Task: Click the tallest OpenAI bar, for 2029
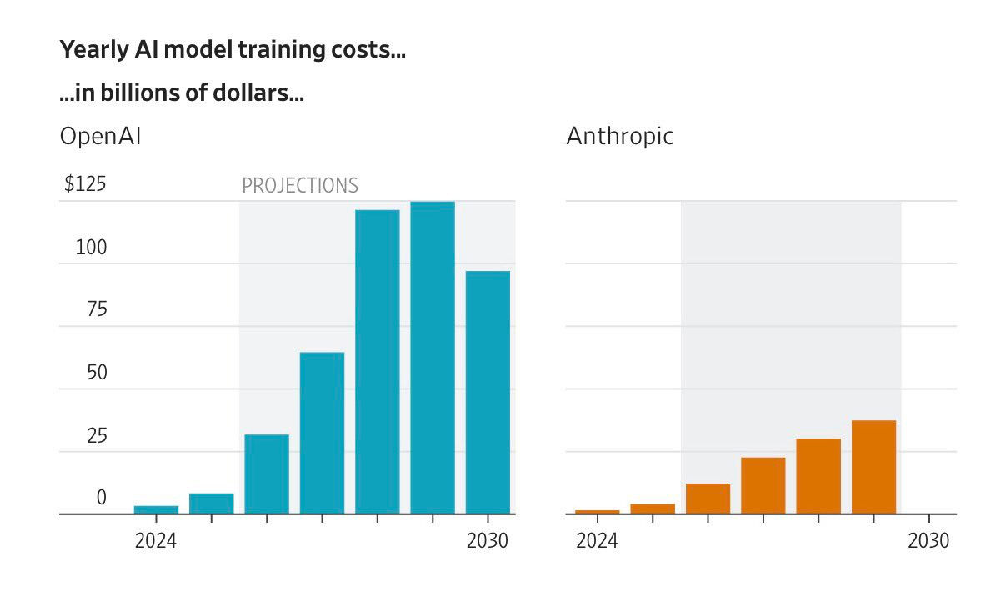point(433,358)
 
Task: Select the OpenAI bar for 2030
point(488,392)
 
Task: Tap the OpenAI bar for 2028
point(378,362)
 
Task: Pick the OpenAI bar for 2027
point(322,433)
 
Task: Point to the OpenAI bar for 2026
point(267,474)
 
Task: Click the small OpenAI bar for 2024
point(156,509)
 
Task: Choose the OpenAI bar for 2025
point(211,504)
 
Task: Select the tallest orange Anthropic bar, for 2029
point(873,467)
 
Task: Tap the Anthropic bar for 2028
point(818,476)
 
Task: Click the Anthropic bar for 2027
point(763,486)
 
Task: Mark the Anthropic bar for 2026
point(708,499)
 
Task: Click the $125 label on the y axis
point(85,184)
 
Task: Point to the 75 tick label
point(97,309)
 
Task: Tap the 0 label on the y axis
point(101,498)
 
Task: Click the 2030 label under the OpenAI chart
point(488,540)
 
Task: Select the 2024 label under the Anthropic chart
point(598,540)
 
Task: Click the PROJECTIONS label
point(300,185)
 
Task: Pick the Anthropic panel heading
point(620,136)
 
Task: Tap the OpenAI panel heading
point(101,136)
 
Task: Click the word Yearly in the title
point(94,49)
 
